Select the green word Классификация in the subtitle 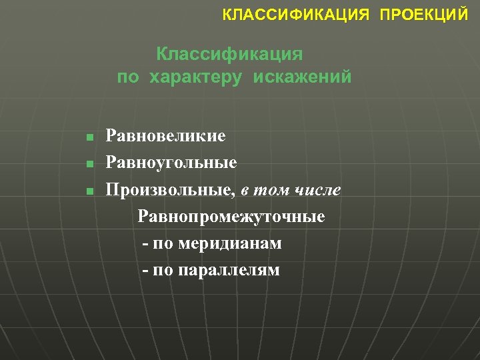[230, 53]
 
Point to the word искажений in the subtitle [302, 77]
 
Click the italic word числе [319, 190]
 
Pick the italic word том [275, 190]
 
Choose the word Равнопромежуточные [231, 217]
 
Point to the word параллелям [227, 270]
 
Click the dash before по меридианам [145, 244]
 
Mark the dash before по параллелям [145, 271]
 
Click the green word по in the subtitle [129, 77]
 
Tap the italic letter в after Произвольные [245, 191]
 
